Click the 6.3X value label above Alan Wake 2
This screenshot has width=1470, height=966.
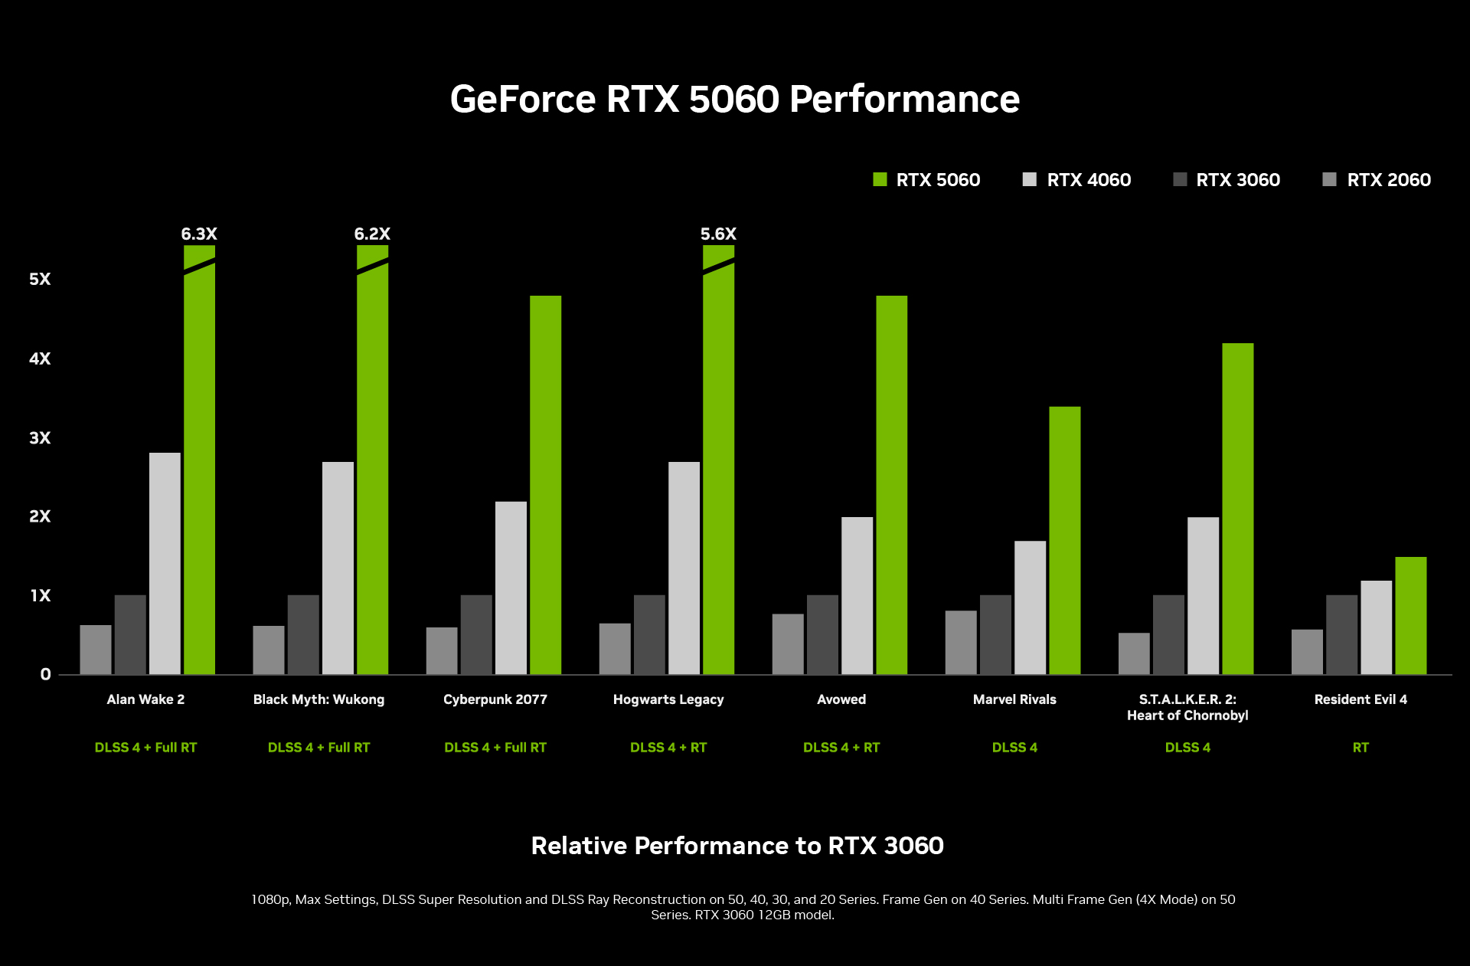click(199, 234)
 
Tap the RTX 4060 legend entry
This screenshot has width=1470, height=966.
click(1076, 180)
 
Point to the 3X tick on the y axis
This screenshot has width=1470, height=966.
click(40, 438)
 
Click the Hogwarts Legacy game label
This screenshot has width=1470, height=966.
click(668, 699)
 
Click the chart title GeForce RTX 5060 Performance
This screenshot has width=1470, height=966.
click(734, 100)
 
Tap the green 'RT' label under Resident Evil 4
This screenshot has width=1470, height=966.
click(1360, 748)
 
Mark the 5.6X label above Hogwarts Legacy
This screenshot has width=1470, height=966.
click(718, 234)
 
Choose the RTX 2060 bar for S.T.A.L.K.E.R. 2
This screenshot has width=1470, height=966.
click(1133, 653)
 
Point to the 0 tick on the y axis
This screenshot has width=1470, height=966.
click(45, 674)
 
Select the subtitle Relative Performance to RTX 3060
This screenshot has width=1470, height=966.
click(737, 846)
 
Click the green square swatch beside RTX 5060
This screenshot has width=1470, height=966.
click(880, 180)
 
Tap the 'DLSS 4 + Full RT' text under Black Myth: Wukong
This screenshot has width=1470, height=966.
click(318, 748)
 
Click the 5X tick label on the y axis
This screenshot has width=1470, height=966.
click(40, 279)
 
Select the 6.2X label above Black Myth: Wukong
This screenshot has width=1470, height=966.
click(372, 234)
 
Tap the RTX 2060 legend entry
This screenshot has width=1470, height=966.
click(1377, 180)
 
